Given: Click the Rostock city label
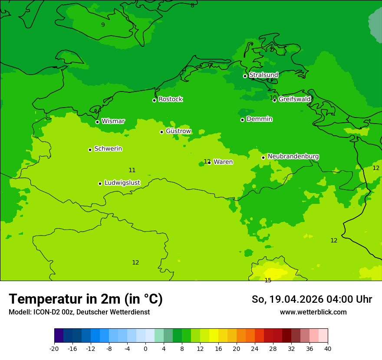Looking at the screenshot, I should pos(170,99).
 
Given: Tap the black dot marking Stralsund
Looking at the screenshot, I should pos(245,76).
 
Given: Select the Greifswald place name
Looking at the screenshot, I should pos(294,99).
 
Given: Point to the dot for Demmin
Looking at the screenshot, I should pos(242,120).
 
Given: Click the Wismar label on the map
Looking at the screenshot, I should pos(113,121).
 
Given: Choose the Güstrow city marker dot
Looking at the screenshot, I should pos(161,132).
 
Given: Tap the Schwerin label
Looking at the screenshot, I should pos(108,149).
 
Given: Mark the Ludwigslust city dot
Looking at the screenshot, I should pos(100,183).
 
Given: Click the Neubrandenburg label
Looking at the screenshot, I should pos(293,157).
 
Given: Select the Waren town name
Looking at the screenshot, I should pos(223,162).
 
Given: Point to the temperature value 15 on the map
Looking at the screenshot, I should pos(268,280).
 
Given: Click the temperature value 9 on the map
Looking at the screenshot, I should pos(103,25).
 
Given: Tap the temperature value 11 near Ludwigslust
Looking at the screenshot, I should pos(132,170).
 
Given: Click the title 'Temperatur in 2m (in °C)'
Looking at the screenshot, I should pos(86,299).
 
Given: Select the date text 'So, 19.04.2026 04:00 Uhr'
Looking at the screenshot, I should pos(312,299).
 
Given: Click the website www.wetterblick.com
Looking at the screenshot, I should pos(313,312).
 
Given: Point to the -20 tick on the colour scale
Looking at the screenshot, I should pos(54,348).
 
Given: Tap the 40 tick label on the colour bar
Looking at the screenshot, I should pos(327,348).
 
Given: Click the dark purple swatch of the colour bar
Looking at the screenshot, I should pos(59,336).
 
